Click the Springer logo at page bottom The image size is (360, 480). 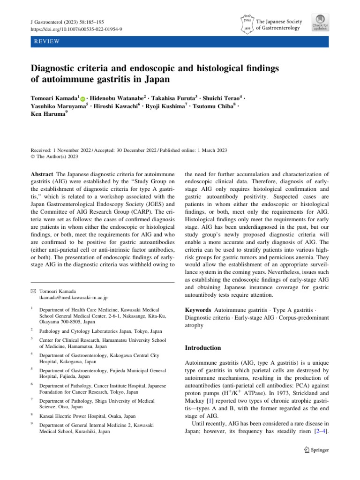(x=316, y=463)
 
